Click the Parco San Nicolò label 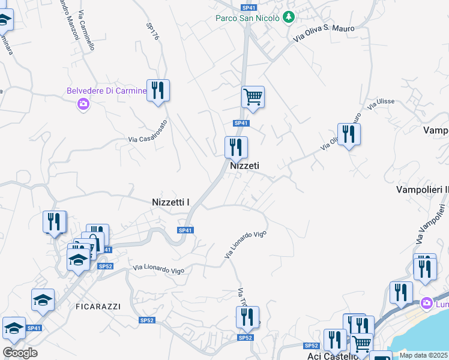pos(247,18)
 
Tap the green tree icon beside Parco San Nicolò pos(289,17)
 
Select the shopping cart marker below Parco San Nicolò pos(253,97)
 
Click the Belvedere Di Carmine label pos(106,91)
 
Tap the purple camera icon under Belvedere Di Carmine pos(83,104)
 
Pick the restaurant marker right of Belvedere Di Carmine pos(158,91)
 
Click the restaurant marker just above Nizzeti pos(236,147)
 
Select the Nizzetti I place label pos(171,203)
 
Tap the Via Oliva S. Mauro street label pos(324,32)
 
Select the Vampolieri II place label pos(423,190)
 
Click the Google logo pos(20,352)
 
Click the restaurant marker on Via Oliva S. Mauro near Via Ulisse pos(348,134)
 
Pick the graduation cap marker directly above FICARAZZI pos(43,299)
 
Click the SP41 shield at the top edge pos(249,7)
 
